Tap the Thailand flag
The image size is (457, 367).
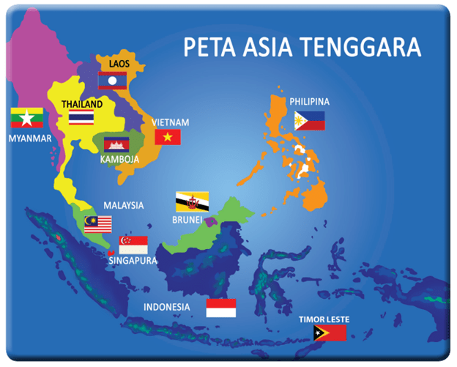click(81, 118)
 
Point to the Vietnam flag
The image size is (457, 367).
click(168, 136)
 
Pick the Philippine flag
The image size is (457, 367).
click(309, 121)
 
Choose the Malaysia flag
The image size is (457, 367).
click(97, 224)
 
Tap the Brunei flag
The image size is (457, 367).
click(192, 201)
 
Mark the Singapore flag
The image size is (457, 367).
click(133, 245)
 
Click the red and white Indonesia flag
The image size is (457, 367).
click(220, 308)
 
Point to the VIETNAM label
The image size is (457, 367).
click(171, 122)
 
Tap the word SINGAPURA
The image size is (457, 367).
click(133, 260)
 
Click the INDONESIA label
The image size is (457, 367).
click(167, 306)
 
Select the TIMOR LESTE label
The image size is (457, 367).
click(324, 319)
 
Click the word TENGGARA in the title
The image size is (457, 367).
click(374, 48)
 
